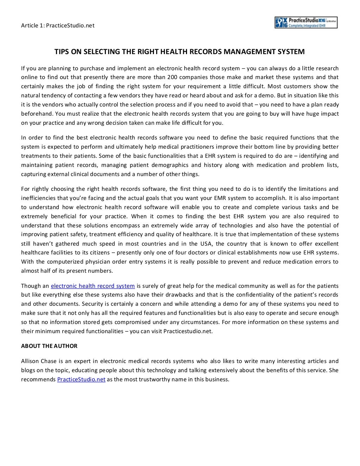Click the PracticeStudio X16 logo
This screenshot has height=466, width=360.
306,22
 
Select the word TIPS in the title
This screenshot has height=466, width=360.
62,52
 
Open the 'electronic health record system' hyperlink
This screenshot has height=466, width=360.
93,286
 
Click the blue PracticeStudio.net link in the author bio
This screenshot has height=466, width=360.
81,379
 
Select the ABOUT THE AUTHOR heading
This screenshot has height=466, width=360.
49,346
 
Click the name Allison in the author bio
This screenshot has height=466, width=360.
30,361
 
